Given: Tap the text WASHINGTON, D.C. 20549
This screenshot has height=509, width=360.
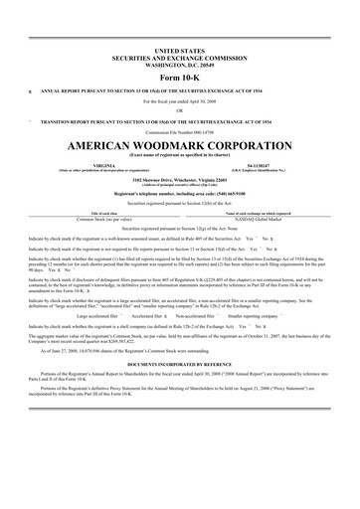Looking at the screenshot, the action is pyautogui.click(x=180, y=64).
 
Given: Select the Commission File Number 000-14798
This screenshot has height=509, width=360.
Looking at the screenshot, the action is pyautogui.click(x=180, y=130).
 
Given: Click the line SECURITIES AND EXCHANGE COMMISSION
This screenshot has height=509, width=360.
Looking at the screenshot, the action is pyautogui.click(x=180, y=57).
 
